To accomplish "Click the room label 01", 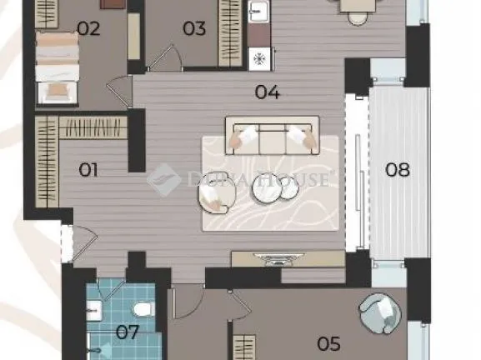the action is click(88, 170).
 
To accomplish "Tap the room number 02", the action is click(88, 28).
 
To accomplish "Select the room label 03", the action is click(194, 28).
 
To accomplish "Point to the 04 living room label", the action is click(268, 92).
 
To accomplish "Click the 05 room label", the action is click(328, 343).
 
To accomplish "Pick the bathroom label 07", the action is click(128, 332).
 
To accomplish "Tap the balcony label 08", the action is click(398, 169).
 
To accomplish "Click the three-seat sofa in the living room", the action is click(273, 136).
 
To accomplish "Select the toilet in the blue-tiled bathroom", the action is click(144, 309).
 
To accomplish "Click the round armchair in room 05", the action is click(380, 312).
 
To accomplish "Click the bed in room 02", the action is click(57, 67).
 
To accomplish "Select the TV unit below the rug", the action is click(288, 259).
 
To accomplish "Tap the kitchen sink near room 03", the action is click(258, 12).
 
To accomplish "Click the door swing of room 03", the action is click(165, 57).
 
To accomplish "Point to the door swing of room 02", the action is click(120, 92).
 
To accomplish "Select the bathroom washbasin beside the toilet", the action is click(94, 310).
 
